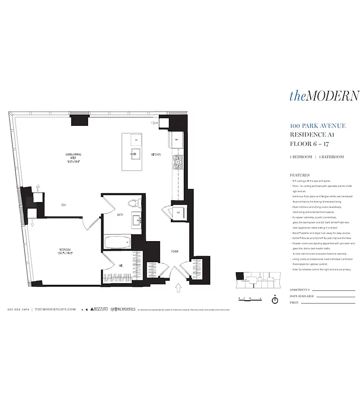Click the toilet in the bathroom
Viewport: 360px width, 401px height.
(133, 204)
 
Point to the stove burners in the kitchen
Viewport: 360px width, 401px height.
(178, 161)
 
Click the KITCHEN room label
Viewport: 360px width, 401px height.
(156, 155)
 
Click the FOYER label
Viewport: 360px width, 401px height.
(175, 252)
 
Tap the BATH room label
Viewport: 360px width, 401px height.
(120, 215)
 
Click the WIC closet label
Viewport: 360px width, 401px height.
(121, 265)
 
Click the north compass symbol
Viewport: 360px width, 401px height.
(274, 300)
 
